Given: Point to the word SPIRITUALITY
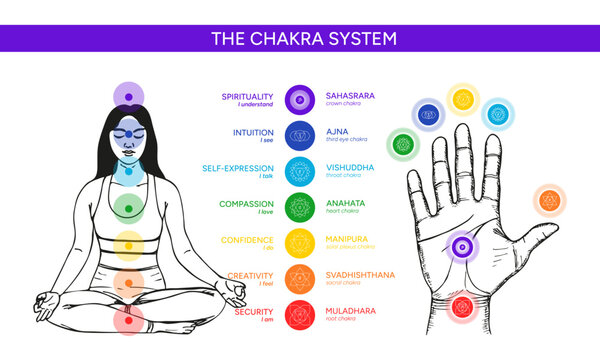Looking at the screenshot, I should (246, 96).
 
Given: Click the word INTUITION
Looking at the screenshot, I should (252, 131).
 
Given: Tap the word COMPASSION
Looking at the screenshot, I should (246, 203).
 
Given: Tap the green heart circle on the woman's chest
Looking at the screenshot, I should (124, 206).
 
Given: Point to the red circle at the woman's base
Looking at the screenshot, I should (127, 321).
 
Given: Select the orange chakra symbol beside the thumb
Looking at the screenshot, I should (547, 201).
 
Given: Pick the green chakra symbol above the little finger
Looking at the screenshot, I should (402, 143).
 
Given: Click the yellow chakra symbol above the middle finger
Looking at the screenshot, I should (462, 99).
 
